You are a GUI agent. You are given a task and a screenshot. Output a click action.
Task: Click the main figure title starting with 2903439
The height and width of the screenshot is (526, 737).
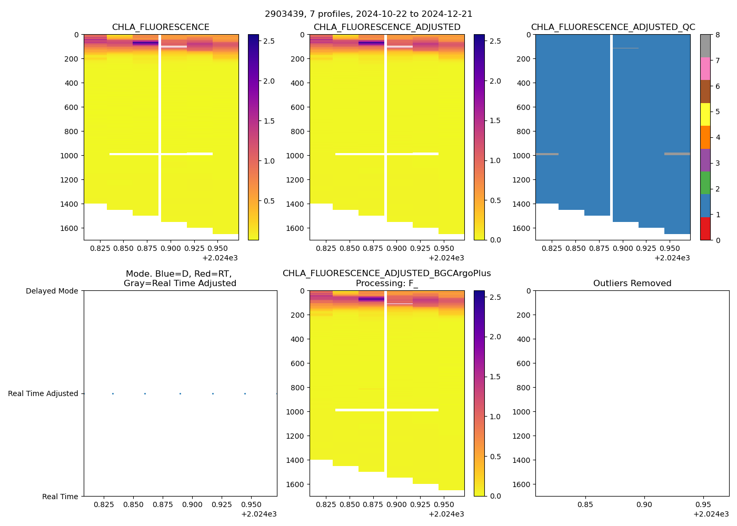coord(368,14)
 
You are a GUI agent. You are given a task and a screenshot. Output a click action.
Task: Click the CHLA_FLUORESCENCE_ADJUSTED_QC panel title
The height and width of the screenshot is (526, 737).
coord(613,27)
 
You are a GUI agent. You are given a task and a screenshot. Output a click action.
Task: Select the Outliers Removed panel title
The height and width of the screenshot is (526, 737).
coord(632,284)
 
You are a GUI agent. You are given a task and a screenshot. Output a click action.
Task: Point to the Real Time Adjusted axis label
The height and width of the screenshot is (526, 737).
coord(43,394)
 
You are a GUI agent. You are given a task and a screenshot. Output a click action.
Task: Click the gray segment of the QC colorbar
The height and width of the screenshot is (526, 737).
coord(705,46)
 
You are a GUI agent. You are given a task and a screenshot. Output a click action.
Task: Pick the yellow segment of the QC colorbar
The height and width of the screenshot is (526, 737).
coord(705,114)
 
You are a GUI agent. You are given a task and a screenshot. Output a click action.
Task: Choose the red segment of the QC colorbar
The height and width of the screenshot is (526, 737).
coord(705,229)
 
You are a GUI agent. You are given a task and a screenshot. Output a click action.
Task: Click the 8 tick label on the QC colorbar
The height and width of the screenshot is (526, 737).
coord(717,35)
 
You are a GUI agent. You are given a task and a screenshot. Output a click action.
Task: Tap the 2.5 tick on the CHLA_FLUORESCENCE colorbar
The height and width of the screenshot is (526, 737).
coord(268,41)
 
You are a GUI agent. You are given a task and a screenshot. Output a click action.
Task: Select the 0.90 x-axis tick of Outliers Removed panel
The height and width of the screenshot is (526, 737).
coord(644,504)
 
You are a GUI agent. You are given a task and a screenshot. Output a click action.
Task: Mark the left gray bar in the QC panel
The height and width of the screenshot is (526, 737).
coord(547,154)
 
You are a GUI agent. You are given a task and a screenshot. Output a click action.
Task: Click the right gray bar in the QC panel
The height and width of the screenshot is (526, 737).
coord(677,154)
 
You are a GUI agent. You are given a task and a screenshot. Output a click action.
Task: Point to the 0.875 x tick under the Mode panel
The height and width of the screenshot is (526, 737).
coord(163,504)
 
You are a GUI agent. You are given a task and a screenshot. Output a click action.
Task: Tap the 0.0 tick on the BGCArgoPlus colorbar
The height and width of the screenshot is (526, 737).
coord(495,496)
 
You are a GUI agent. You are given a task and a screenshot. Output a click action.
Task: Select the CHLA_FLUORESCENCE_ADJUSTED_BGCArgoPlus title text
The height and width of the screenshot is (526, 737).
coord(386,274)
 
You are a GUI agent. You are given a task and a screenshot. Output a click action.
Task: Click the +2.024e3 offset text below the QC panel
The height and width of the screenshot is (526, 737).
coord(672,258)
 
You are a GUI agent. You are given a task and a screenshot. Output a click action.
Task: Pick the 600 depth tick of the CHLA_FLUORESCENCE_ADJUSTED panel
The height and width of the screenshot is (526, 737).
coord(298,107)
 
